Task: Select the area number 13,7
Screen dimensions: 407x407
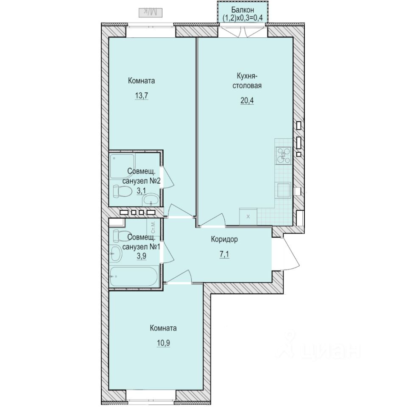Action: coord(142,96)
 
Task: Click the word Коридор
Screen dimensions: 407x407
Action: coord(224,239)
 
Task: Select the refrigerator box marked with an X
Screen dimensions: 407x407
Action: coord(248,217)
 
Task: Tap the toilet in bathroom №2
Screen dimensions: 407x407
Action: coord(121,191)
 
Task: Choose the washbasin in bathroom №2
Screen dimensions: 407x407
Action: coord(150,199)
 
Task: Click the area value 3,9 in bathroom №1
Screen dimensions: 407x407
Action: coord(141,256)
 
